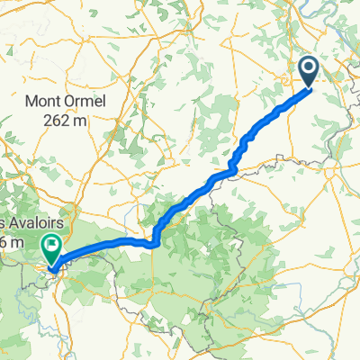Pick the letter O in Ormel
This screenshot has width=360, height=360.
(77, 101)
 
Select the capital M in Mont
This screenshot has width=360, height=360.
(37, 101)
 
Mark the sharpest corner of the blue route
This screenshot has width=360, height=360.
(155, 241)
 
